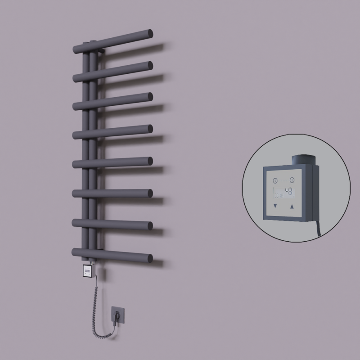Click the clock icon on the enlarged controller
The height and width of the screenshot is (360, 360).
[275, 180]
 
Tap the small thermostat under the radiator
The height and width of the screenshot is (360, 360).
[88, 271]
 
